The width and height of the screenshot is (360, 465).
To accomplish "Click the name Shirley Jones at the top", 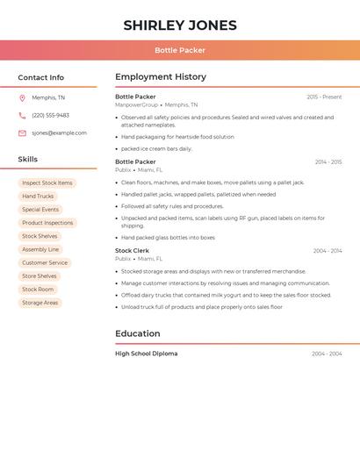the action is click(180, 25).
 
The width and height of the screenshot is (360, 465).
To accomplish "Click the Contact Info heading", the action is click(41, 77).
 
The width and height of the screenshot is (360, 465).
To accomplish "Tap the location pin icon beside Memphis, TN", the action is click(22, 97).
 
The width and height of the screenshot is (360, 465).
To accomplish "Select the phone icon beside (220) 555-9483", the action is click(22, 115).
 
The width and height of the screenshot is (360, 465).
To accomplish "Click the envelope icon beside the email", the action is click(22, 133).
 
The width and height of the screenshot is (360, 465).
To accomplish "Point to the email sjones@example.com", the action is click(59, 133).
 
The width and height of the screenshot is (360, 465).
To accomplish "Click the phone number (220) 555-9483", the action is click(50, 115).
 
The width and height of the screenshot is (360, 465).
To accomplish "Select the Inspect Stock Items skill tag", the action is click(47, 183).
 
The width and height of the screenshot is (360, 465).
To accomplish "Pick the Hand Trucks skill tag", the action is click(38, 197).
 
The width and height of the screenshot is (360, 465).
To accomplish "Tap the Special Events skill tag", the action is click(40, 210).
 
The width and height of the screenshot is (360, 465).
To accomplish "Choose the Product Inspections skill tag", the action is click(47, 223).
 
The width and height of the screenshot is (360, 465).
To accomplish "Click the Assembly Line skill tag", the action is click(40, 249).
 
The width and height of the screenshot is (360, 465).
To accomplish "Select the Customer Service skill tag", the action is click(45, 262).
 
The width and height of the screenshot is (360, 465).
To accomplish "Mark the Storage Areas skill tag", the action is click(40, 303).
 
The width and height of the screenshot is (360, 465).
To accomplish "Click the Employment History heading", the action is click(161, 77).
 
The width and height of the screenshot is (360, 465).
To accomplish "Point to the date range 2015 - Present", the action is click(324, 97).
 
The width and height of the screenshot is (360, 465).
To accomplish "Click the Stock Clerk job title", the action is click(132, 251).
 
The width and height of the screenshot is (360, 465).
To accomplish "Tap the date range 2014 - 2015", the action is click(328, 162).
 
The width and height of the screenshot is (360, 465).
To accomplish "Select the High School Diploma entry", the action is click(146, 354).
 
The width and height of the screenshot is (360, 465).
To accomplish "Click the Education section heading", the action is click(138, 333).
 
